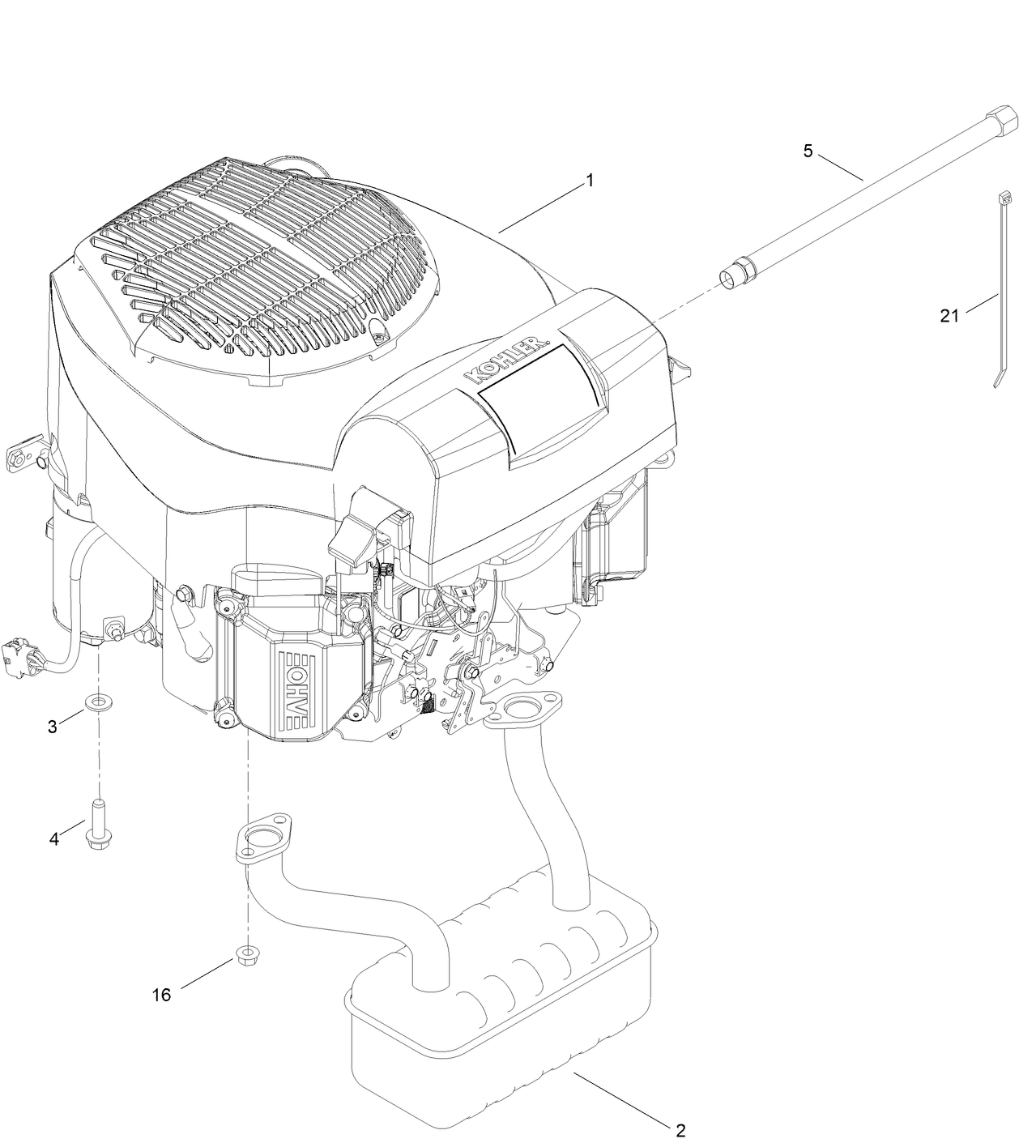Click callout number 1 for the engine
click(x=590, y=180)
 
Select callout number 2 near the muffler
click(x=680, y=1128)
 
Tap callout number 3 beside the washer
click(x=53, y=727)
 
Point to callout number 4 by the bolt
click(x=54, y=839)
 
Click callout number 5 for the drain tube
click(x=808, y=151)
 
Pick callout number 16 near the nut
click(x=162, y=995)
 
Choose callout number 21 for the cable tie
click(x=949, y=316)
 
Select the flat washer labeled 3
click(x=100, y=700)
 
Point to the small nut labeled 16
click(x=246, y=953)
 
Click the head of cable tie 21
click(x=1004, y=196)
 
